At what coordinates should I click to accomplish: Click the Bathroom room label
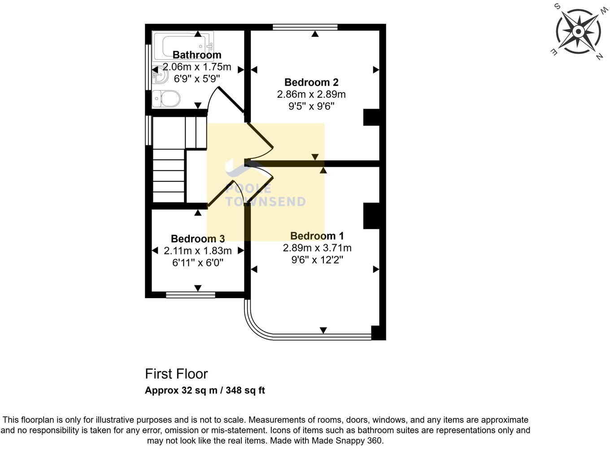coord(197,55)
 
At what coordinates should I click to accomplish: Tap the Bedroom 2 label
coord(311,82)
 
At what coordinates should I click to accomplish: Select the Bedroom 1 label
coord(317,236)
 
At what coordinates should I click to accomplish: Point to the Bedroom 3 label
coord(197,238)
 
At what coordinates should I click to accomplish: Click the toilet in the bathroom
coord(166,98)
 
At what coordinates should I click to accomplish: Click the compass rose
coord(578,32)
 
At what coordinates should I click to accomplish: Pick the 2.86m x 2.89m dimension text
coord(311,94)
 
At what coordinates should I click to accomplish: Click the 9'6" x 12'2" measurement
coord(317,260)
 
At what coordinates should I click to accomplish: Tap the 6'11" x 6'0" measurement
coord(197,263)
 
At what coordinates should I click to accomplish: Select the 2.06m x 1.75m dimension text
coord(197,67)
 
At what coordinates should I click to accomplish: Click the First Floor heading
coord(176,374)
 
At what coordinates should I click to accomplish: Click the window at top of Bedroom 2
coord(305,27)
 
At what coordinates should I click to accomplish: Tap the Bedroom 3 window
coord(190,295)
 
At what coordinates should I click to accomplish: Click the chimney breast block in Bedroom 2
coord(371,118)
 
